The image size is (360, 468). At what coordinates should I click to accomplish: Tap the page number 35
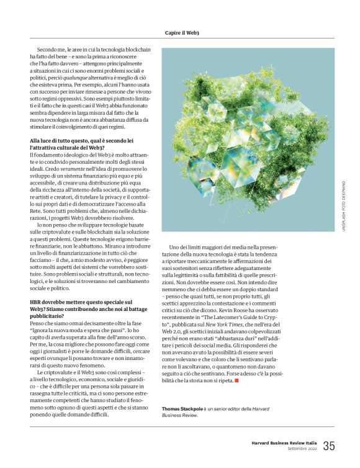pyautogui.click(x=329, y=445)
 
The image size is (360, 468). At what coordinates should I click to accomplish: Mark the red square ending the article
pyautogui.click(x=236, y=380)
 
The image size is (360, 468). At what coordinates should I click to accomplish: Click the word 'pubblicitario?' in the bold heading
pyautogui.click(x=48, y=316)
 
